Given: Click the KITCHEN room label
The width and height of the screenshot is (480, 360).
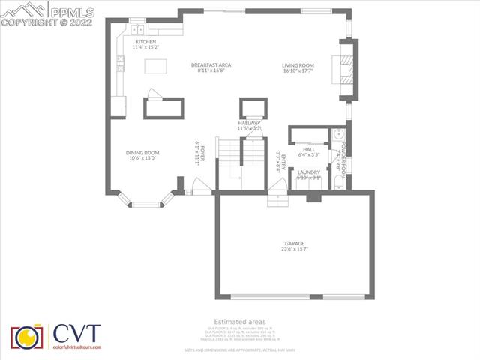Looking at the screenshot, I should pos(145,42).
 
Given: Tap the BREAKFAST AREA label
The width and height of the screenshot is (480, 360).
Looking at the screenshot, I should pos(211,64).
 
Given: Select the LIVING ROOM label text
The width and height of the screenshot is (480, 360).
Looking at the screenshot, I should pos(298,65).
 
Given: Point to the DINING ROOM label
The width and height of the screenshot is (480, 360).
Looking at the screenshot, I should pos(142,152).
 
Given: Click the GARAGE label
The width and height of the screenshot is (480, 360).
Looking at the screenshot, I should pos(295,244).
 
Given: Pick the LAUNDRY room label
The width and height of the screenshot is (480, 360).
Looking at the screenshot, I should pos(309,172).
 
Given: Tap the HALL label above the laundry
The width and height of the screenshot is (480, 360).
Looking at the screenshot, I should pos(309,149).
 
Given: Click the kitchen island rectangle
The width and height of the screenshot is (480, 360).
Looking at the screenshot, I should pos(155,66).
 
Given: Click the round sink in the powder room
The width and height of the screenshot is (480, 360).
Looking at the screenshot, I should pos(339,135).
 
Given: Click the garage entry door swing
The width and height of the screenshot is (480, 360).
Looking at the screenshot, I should pos(277,201).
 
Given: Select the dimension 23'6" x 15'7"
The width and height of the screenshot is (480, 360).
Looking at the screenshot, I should pos(295,249).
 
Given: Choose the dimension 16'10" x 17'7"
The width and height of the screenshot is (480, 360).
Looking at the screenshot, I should pos(298,71).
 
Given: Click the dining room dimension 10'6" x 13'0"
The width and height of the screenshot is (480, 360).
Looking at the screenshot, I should pos(142,158).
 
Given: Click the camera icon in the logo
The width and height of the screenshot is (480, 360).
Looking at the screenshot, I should pos(27,338).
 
